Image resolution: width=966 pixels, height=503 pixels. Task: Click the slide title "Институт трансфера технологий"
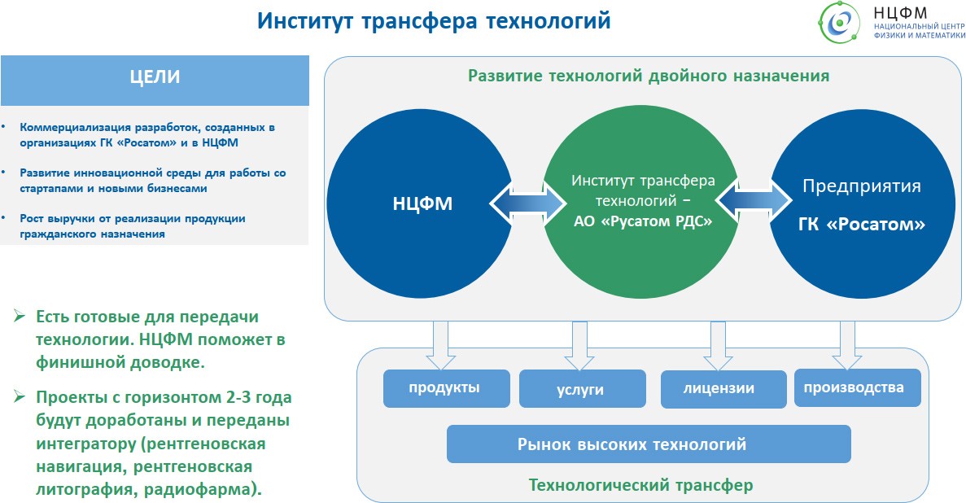tap(433, 21)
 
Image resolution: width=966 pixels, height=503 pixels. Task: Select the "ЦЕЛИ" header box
tap(155, 78)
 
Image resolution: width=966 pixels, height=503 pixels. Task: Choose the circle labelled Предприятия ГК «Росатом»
tap(861, 203)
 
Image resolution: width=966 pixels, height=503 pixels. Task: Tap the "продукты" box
tap(444, 388)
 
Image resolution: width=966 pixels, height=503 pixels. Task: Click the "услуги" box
tap(581, 390)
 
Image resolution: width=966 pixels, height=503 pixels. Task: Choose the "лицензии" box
tap(719, 389)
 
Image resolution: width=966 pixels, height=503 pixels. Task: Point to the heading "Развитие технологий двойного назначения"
tap(648, 76)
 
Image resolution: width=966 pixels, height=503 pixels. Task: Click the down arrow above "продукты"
tap(440, 342)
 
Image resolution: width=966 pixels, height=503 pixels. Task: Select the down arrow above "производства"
tap(847, 342)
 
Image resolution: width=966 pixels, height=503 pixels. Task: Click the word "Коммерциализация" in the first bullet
tap(68, 128)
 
